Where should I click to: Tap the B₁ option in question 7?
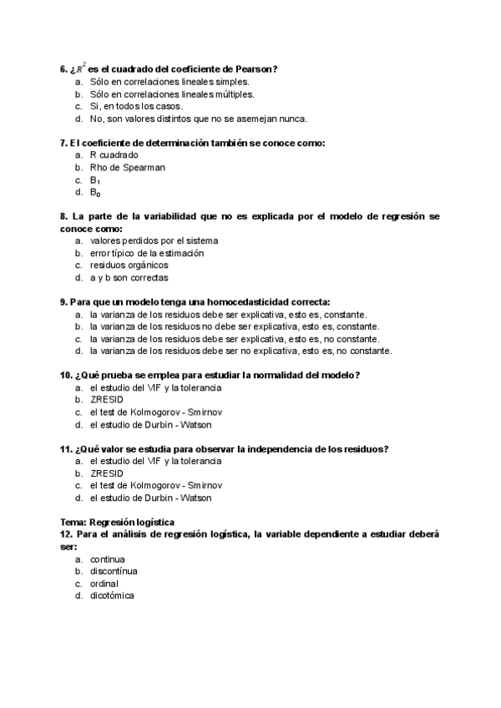click(95, 180)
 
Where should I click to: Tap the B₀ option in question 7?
click(95, 192)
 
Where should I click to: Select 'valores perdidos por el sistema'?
click(154, 240)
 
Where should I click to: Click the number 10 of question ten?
click(65, 375)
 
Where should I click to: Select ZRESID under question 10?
click(105, 400)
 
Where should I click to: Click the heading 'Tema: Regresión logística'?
click(117, 522)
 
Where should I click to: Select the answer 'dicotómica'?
click(112, 595)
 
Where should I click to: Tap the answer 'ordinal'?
click(104, 584)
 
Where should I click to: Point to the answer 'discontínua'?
click(114, 571)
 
